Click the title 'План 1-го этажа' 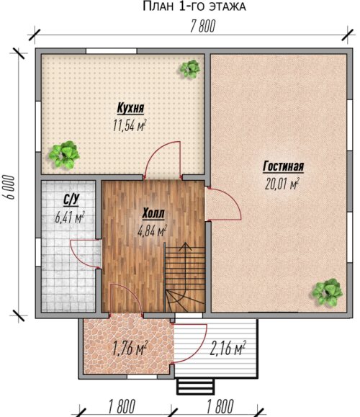[194, 6]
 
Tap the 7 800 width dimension [202, 27]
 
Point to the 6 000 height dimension [10, 187]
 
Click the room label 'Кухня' [130, 108]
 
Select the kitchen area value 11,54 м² [130, 125]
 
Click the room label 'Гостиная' [283, 166]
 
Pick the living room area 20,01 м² [282, 184]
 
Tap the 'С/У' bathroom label [71, 200]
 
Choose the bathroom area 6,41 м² [70, 218]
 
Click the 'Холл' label [153, 214]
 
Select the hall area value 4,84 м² [152, 231]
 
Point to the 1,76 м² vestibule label [130, 349]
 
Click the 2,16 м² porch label [228, 348]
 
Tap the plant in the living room [327, 292]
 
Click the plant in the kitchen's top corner [190, 69]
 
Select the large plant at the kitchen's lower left [64, 155]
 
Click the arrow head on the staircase [185, 247]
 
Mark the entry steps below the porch [195, 386]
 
